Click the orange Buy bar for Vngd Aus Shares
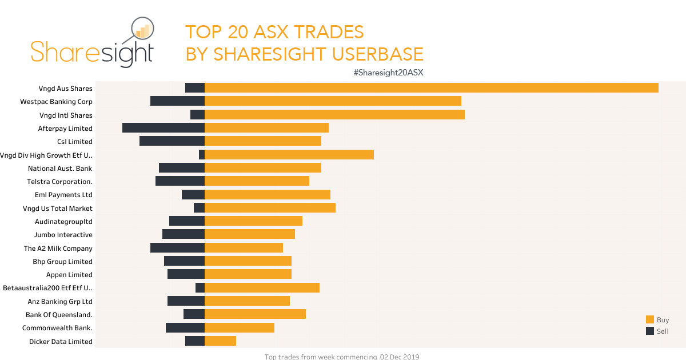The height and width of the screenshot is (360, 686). [x=431, y=88]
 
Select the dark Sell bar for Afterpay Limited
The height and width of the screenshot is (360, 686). [x=163, y=128]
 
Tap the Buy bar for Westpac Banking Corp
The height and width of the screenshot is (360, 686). [x=333, y=101]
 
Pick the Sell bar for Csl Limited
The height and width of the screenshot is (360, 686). [x=172, y=141]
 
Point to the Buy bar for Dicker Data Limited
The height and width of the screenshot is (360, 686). [x=220, y=341]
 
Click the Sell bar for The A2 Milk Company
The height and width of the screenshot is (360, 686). [x=177, y=248]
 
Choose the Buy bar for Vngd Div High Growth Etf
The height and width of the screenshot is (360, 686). [x=289, y=155]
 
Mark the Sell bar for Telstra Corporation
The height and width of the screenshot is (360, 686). [x=180, y=181]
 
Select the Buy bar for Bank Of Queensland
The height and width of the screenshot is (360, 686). [x=255, y=314]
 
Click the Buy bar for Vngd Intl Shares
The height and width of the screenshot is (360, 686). [x=334, y=115]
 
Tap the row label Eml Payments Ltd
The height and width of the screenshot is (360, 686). [x=63, y=195]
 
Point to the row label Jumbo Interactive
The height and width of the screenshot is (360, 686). [x=63, y=235]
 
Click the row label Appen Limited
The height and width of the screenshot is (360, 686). [x=69, y=275]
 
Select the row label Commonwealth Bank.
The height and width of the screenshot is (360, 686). [x=57, y=328]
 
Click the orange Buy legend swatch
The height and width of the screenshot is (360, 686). [x=650, y=320]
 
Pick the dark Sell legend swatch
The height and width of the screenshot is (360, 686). [x=650, y=331]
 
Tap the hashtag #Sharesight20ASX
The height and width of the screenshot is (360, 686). [x=388, y=73]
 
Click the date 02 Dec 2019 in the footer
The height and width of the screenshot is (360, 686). [x=400, y=357]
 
